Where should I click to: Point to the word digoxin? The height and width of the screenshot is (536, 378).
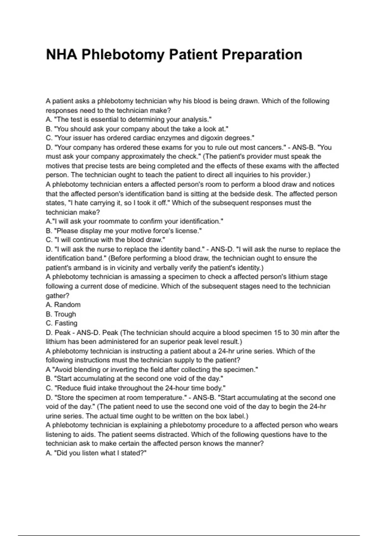[212, 138]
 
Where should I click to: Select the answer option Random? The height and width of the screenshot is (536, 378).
[67, 305]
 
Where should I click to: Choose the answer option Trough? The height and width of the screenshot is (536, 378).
[65, 314]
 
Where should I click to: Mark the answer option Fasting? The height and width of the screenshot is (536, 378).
[66, 323]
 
